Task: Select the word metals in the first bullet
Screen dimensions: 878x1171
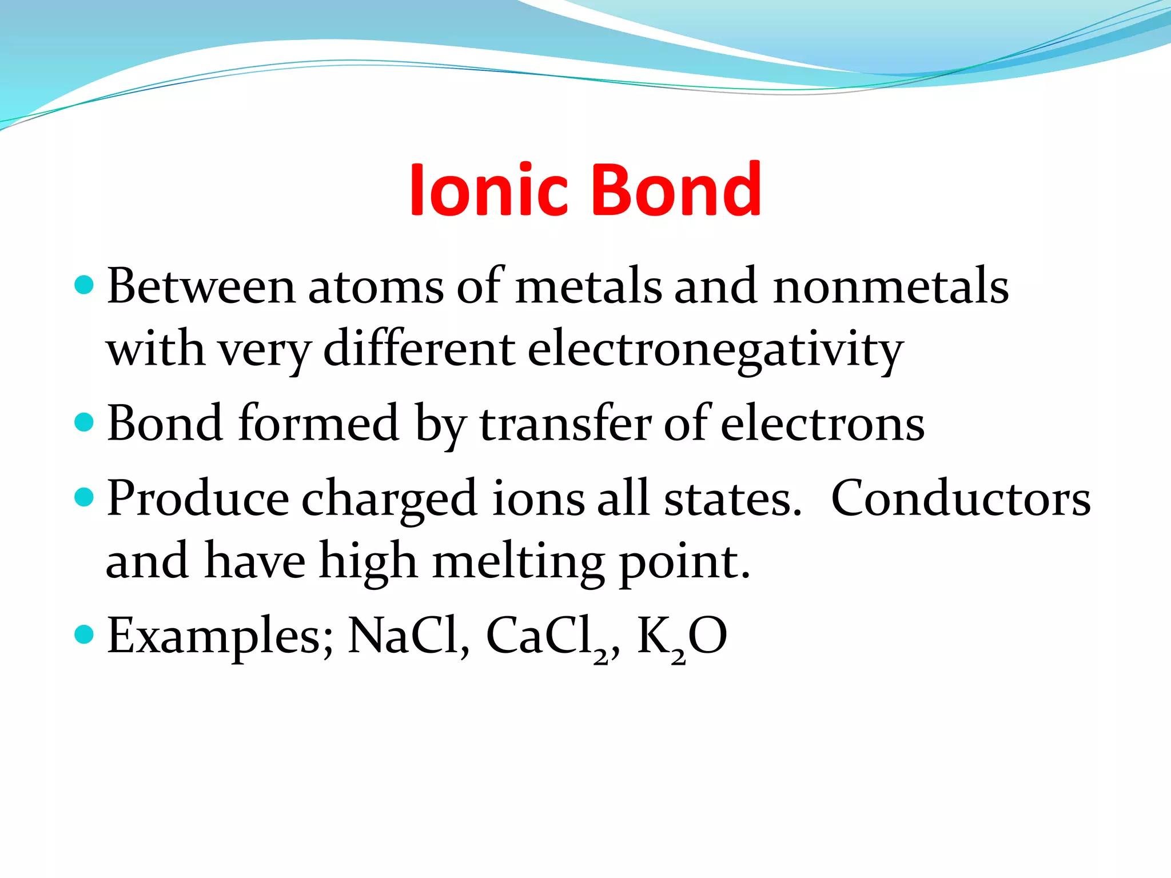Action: (x=588, y=286)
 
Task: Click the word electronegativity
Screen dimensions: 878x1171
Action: (x=715, y=350)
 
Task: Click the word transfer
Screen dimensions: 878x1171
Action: (x=566, y=424)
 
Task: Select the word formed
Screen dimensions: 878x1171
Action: (x=319, y=424)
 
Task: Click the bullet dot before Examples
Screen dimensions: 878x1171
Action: (x=84, y=634)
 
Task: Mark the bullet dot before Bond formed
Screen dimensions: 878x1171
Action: (x=84, y=422)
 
